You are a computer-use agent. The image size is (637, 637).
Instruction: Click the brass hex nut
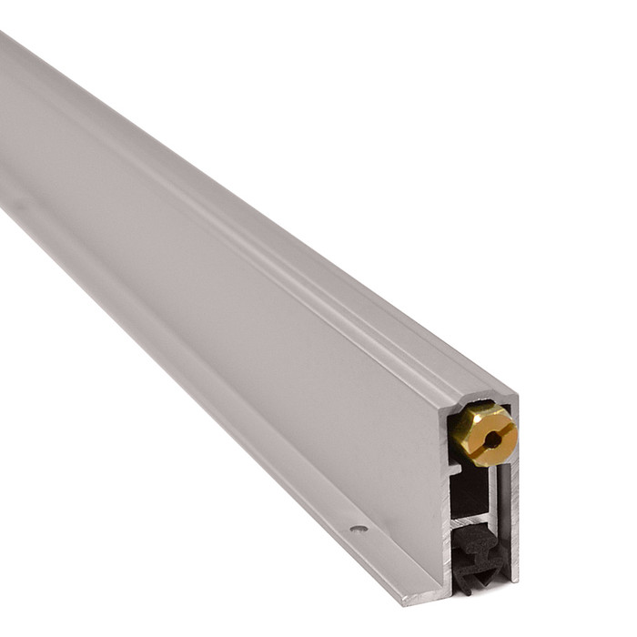pos(483,434)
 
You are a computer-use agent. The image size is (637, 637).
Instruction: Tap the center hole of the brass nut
pos(491,439)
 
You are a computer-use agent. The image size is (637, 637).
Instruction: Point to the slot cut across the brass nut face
pos(499,427)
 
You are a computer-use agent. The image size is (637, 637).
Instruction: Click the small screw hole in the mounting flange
pos(359,528)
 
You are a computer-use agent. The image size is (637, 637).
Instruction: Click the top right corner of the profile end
pos(516,398)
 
